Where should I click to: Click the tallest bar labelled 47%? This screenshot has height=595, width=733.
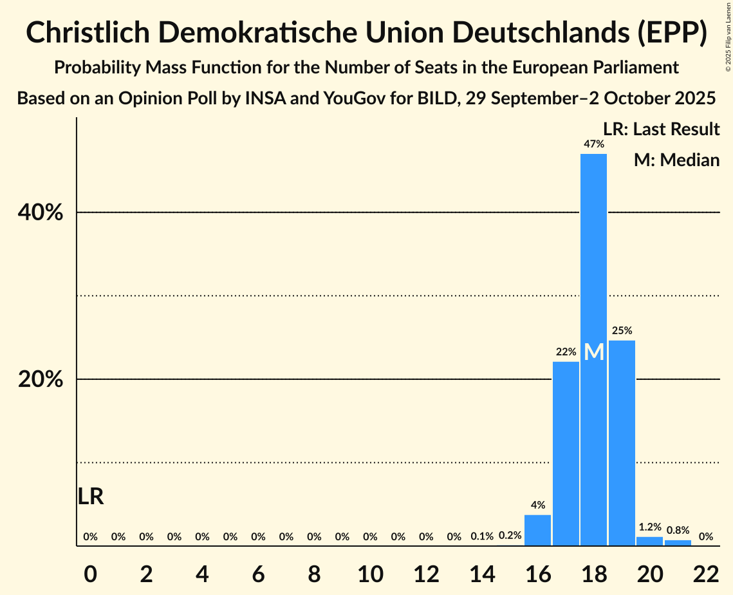click(593, 258)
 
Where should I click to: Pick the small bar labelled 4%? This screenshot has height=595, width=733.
click(537, 531)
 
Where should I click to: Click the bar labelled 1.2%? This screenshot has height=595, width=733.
click(649, 542)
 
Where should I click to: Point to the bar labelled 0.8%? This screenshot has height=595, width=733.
click(678, 543)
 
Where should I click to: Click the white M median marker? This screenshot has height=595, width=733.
click(594, 352)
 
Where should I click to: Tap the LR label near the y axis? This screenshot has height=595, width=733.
click(91, 496)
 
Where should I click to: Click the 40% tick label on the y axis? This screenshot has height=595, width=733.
click(41, 212)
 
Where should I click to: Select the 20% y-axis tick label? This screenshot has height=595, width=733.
click(41, 379)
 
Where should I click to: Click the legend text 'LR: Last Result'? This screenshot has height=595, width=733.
click(661, 129)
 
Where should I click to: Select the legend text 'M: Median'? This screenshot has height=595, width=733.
click(676, 160)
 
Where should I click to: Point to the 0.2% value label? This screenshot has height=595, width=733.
click(510, 536)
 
